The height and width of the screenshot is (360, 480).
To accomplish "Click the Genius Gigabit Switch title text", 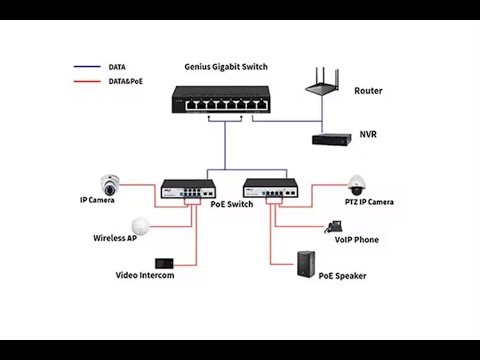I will click(226, 67).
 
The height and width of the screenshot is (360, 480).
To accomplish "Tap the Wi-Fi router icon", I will click(323, 81).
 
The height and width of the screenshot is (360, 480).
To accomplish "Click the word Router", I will click(368, 90).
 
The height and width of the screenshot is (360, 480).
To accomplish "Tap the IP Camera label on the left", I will click(97, 201).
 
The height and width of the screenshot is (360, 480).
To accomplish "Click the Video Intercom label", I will click(145, 275).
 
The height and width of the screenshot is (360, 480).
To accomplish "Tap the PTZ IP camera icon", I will click(356, 185).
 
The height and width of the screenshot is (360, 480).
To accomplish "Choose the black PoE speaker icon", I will click(306, 264).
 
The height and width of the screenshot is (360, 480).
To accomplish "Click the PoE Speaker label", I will click(345, 275).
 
